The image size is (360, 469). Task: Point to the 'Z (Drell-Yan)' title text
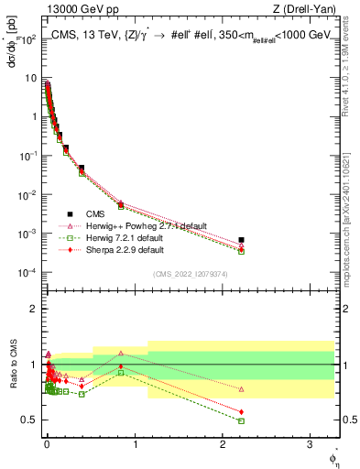click(x=308, y=9)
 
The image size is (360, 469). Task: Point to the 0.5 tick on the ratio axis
click(x=27, y=420)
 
